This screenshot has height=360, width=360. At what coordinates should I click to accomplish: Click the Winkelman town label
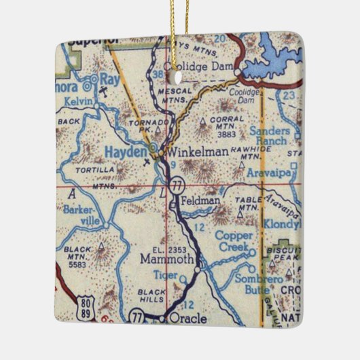[198, 151]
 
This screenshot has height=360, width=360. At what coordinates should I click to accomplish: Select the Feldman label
[201, 202]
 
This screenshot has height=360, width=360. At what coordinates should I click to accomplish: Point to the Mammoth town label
[167, 259]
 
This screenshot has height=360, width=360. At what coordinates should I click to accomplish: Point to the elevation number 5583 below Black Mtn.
[78, 266]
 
